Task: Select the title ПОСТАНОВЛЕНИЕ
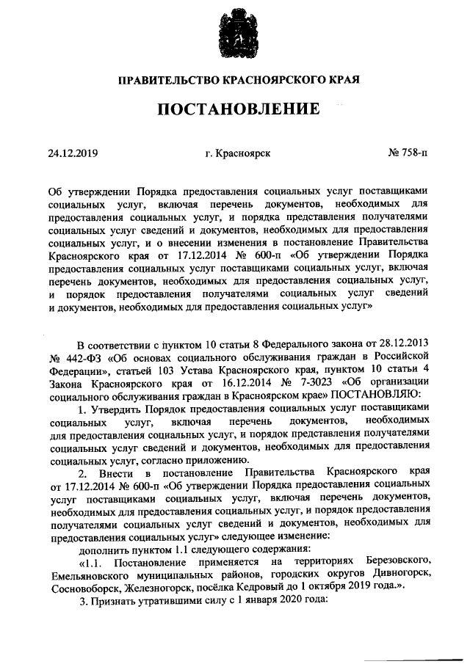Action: tap(235, 110)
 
